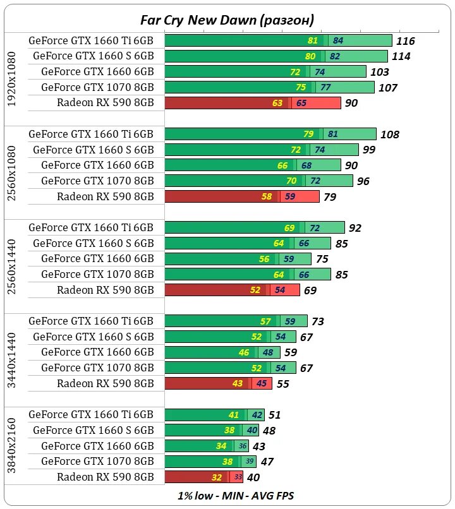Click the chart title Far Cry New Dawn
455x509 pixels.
click(x=227, y=20)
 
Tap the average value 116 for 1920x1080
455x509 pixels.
click(x=405, y=41)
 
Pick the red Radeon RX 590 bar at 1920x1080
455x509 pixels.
click(x=253, y=103)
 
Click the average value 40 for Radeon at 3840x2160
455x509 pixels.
click(x=253, y=477)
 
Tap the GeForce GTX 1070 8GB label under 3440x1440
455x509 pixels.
click(x=97, y=368)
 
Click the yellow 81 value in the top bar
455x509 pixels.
click(x=313, y=41)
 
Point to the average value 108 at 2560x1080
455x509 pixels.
click(x=390, y=135)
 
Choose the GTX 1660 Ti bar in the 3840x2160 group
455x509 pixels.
click(x=215, y=415)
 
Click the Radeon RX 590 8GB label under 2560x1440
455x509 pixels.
click(x=106, y=290)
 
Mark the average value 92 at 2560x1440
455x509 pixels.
click(x=355, y=228)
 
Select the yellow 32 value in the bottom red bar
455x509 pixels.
click(x=217, y=477)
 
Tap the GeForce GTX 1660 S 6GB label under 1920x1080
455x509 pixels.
click(x=94, y=56)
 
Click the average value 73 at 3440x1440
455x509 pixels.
click(x=317, y=321)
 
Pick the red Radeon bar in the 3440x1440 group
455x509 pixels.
click(x=219, y=383)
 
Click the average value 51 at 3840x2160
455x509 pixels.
click(x=274, y=415)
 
